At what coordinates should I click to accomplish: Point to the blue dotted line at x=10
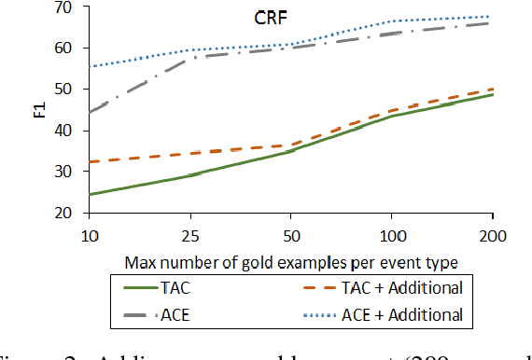[x=91, y=66]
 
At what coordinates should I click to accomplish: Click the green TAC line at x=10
[x=91, y=194]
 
